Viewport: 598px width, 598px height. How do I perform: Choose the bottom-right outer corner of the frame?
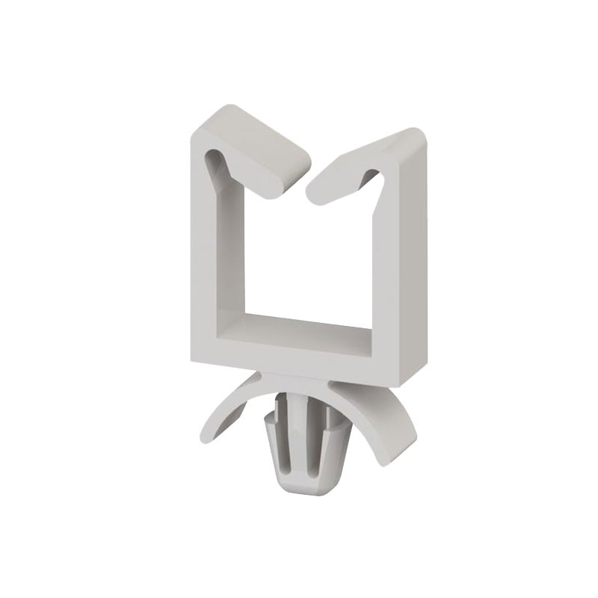404,385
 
